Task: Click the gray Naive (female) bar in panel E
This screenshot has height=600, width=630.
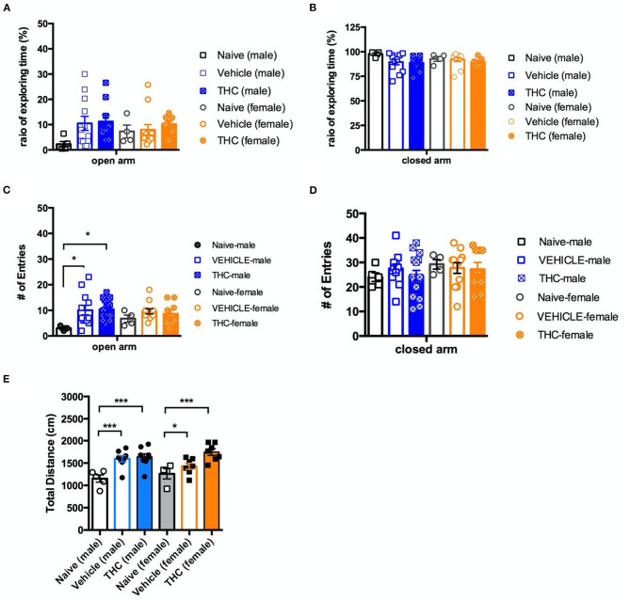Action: pos(167,497)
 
